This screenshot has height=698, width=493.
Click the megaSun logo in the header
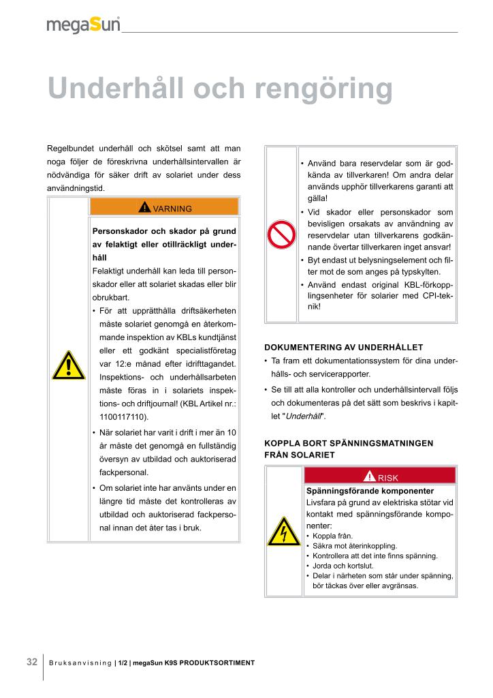click(83, 25)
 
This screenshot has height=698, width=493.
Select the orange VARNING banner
click(164, 207)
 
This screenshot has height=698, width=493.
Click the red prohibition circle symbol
click(281, 235)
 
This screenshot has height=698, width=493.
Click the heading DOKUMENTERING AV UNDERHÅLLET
click(343, 347)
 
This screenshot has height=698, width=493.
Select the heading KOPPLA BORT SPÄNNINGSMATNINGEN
click(349, 443)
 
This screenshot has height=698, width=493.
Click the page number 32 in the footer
click(32, 662)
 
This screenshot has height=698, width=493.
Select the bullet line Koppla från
click(332, 536)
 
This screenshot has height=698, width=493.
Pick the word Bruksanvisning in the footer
click(80, 663)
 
